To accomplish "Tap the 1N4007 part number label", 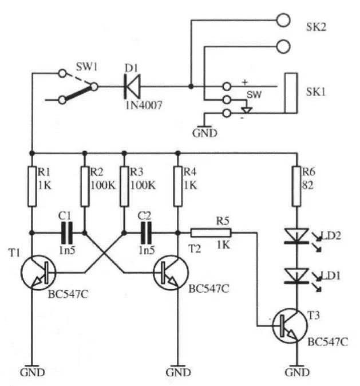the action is coord(144,105).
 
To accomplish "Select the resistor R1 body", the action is coord(32,186).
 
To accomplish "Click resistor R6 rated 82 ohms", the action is coord(296,186).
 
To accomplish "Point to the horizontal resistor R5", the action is coord(211,233).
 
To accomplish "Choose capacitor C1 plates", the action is coord(67,233).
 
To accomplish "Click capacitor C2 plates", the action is coord(146,233).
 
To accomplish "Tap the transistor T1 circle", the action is coord(38,273).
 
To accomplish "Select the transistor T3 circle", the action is coord(290,326).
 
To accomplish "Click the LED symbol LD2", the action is coord(296,236).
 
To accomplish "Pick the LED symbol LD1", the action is coord(296,276).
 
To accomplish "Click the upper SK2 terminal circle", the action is coord(283,20).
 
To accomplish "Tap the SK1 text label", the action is coord(316,92).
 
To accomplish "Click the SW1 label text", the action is coord(87,66).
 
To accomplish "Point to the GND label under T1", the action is coord(32,372).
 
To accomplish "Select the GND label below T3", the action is coord(297,372).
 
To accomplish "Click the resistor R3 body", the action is coord(124,186).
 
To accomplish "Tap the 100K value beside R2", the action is coord(103,186).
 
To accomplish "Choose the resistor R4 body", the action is coord(178,186).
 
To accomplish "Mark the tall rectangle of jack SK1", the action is coord(291,93).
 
